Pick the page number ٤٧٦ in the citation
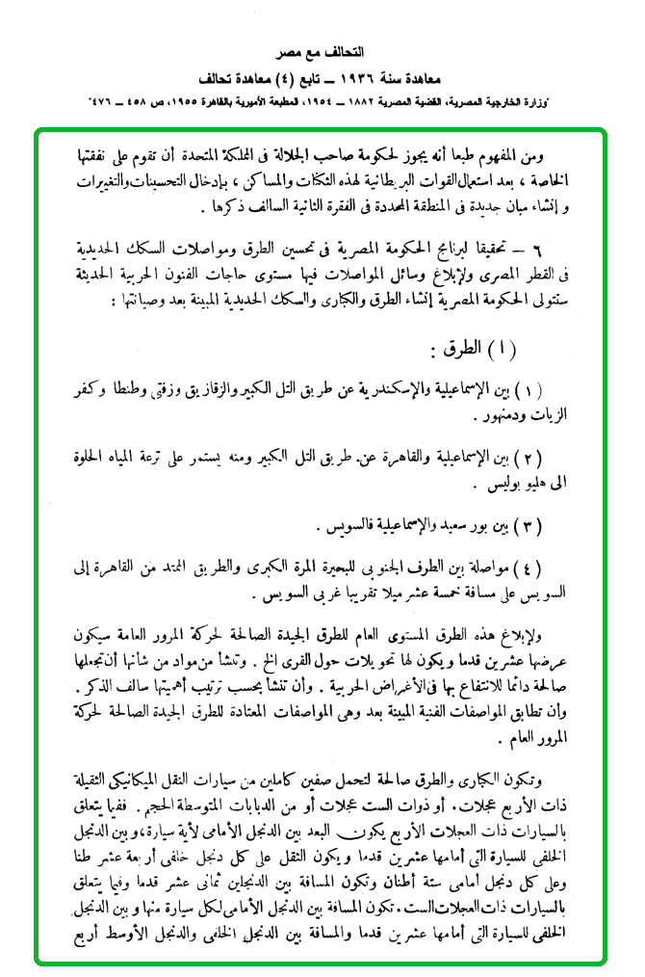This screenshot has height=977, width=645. click(109, 101)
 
